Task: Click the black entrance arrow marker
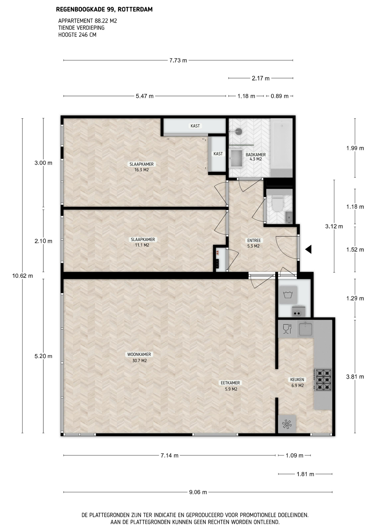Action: click(x=309, y=249)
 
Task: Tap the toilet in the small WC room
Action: click(x=278, y=203)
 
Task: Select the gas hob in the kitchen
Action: click(x=323, y=380)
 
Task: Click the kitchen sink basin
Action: click(x=305, y=329)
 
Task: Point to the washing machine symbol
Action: click(x=288, y=295)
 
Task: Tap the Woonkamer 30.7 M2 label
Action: click(x=139, y=357)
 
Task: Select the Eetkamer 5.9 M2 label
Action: click(x=230, y=386)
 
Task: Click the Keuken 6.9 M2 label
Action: click(x=297, y=382)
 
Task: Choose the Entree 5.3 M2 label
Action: click(x=254, y=243)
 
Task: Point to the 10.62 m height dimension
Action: click(x=23, y=276)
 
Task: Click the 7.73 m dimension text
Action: click(x=178, y=60)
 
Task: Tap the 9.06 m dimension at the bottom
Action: click(x=198, y=492)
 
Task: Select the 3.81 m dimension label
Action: click(x=355, y=377)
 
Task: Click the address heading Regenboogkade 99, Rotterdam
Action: click(x=104, y=10)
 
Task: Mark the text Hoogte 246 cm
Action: click(x=77, y=35)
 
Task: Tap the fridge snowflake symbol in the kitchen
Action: click(x=287, y=424)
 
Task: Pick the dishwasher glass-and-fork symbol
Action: click(x=287, y=329)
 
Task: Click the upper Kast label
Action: click(x=195, y=126)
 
